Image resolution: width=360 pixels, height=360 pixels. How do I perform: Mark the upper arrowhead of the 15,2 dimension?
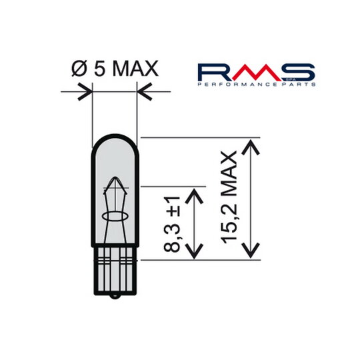click(x=251, y=145)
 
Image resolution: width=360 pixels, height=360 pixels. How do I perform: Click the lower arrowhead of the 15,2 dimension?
click(x=251, y=253)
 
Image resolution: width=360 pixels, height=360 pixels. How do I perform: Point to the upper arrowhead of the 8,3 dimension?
click(x=194, y=193)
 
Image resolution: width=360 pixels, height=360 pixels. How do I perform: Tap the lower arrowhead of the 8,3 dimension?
click(x=194, y=253)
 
